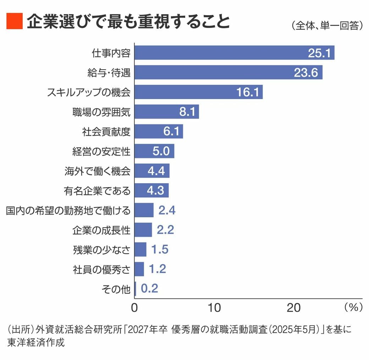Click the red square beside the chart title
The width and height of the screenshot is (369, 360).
14,21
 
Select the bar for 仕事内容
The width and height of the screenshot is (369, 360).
234,53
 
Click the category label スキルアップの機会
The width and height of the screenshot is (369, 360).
89,92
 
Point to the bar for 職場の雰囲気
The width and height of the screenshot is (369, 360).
167,112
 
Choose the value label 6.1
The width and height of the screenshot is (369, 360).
171,132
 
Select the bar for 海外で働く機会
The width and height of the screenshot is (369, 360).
152,171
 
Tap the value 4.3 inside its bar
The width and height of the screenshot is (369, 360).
155,191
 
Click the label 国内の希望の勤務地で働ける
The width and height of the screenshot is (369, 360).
68,211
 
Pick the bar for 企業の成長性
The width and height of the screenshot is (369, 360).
143,230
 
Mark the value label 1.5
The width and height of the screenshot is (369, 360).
160,250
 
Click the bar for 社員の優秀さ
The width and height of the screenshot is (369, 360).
139,269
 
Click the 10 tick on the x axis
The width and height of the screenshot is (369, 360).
215,308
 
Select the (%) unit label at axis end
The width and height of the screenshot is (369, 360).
353,307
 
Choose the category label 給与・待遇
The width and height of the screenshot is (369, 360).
109,73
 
